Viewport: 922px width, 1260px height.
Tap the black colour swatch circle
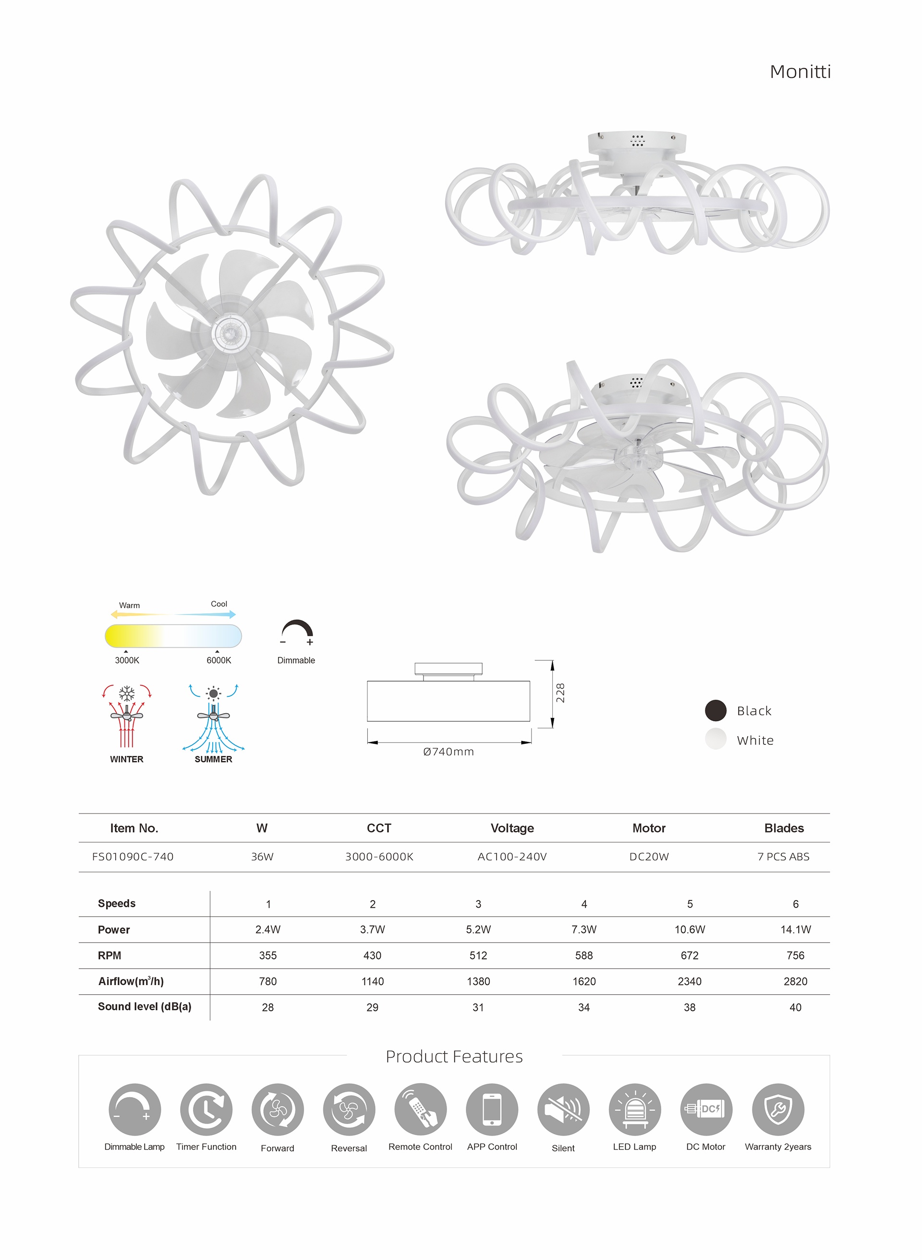(x=716, y=710)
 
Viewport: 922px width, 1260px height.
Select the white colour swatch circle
(x=716, y=740)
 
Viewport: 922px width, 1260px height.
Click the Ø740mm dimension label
(x=448, y=752)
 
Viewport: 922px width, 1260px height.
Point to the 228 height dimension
(x=560, y=692)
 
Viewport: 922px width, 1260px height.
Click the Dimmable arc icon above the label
(x=297, y=632)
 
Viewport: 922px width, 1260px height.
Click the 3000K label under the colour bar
(x=127, y=660)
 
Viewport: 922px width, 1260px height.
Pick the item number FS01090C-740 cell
(x=133, y=857)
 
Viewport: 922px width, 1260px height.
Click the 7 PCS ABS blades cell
(x=783, y=857)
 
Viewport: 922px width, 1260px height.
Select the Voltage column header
(x=512, y=828)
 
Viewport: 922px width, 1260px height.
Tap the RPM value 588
(x=584, y=956)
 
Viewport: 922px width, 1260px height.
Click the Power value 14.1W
(x=795, y=929)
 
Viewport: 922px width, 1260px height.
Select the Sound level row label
(x=145, y=1006)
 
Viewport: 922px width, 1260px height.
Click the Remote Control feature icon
(x=420, y=1109)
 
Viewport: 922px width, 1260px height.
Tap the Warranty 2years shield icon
(x=778, y=1109)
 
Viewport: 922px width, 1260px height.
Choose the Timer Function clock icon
(x=206, y=1109)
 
